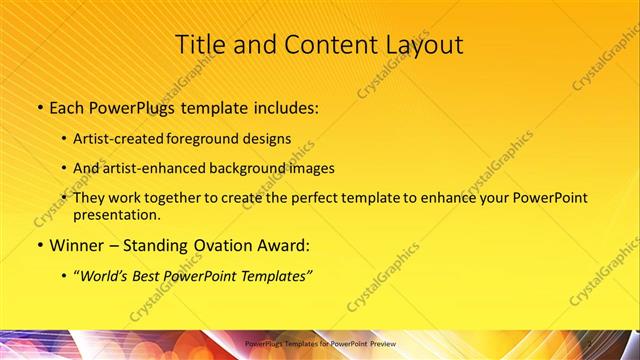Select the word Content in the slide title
tap(322, 45)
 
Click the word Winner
tap(76, 245)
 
